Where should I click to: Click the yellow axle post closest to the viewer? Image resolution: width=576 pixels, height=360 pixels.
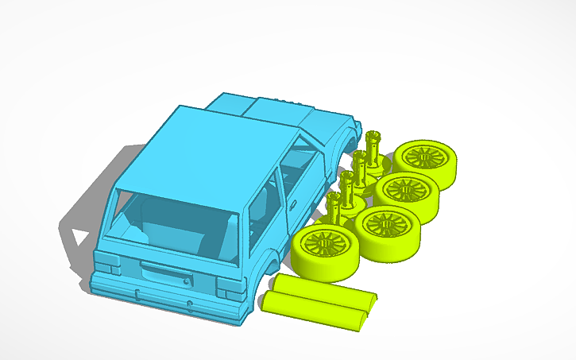[x=334, y=209]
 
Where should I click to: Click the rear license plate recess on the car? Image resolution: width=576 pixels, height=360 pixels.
[x=165, y=277]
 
